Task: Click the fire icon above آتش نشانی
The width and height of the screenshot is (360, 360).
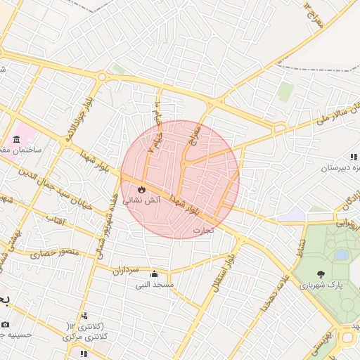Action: click(141, 189)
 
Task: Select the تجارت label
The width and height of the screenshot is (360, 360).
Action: click(202, 229)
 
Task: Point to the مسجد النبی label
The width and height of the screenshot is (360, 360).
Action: click(156, 285)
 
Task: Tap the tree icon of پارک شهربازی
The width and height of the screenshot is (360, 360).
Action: click(321, 274)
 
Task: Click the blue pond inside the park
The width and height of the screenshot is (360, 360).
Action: click(342, 255)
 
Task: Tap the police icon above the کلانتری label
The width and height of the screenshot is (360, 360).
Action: click(85, 316)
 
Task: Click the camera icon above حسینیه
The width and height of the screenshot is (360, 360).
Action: click(6, 324)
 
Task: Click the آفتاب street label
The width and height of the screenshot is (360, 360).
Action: click(55, 221)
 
